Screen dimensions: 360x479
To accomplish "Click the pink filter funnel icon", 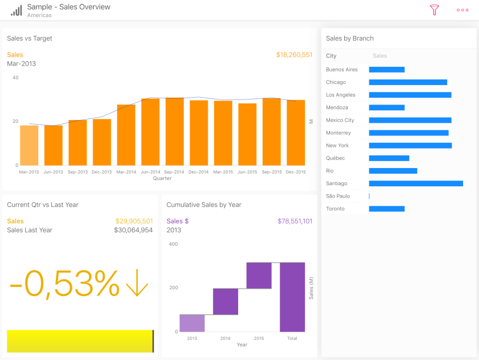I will [x=434, y=10].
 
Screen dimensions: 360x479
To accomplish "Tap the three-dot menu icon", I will [x=462, y=10].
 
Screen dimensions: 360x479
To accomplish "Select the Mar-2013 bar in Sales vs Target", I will [x=29, y=145].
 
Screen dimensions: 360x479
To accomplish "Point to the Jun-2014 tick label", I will [x=150, y=171].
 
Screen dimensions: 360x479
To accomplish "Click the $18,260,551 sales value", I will [x=294, y=55].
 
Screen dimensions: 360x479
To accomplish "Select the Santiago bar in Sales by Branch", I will [x=416, y=183].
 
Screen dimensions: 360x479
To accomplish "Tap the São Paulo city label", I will [x=338, y=196].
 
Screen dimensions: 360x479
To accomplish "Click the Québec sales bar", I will [x=389, y=158].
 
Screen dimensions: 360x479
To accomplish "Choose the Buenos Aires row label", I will [x=342, y=70].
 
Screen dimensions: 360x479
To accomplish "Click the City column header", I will [x=331, y=56].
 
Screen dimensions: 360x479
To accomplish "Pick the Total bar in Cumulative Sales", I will [x=292, y=297].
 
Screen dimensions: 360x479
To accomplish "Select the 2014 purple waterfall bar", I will [x=226, y=302].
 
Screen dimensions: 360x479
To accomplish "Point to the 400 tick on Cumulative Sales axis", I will [x=174, y=244].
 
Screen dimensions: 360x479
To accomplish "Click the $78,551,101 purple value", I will [x=295, y=221].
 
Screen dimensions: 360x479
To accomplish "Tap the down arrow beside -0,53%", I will [x=137, y=283].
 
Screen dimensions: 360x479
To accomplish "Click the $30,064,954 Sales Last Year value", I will [x=133, y=230].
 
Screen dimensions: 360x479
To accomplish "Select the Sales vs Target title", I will [x=30, y=38].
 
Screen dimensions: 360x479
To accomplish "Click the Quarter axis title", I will [x=162, y=178].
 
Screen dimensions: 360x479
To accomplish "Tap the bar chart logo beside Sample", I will [x=17, y=10].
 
